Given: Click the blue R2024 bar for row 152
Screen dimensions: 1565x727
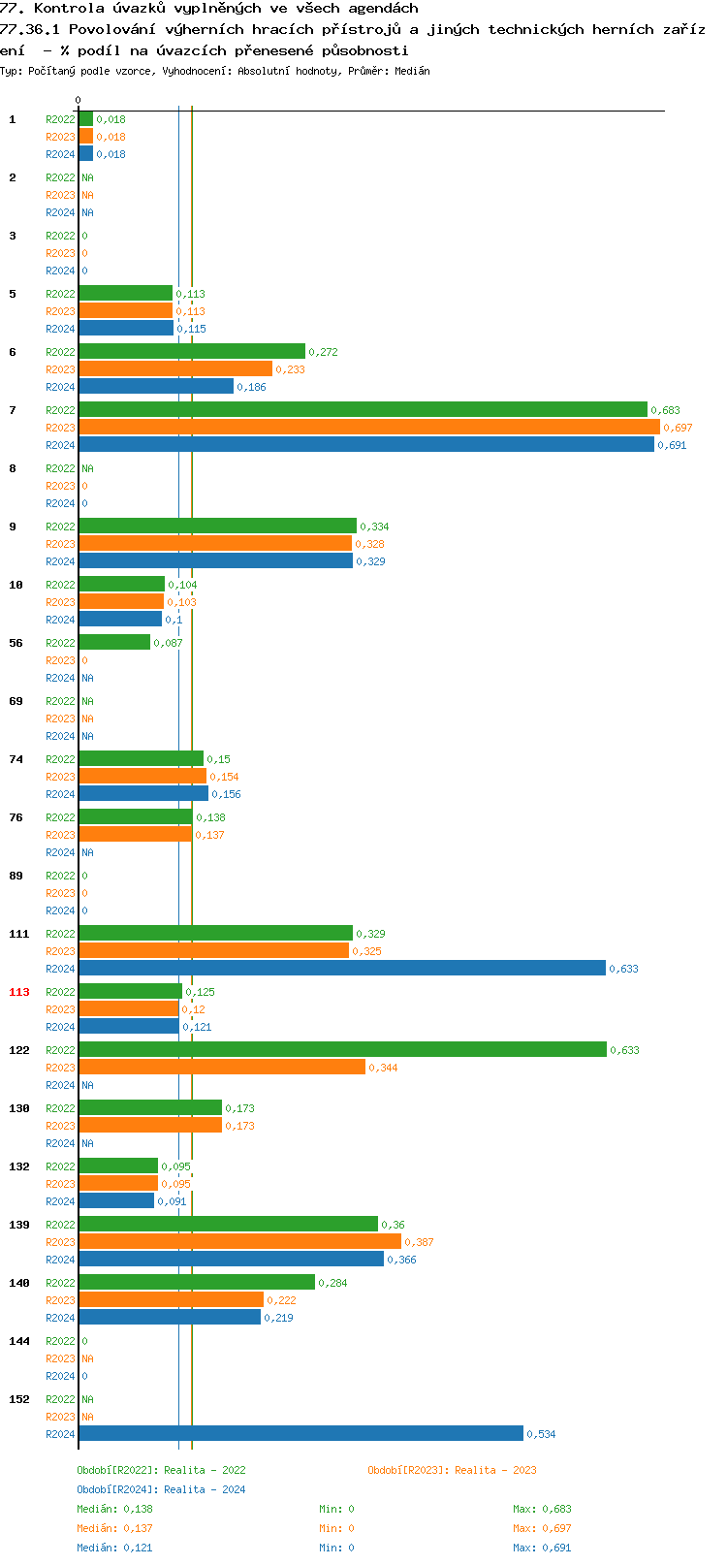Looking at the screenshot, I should (300, 1433).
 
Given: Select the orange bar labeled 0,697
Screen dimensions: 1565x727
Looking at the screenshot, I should (368, 427).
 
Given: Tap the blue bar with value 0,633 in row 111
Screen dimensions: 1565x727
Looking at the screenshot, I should (341, 968).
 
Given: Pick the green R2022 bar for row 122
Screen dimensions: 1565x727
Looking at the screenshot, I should (342, 1049).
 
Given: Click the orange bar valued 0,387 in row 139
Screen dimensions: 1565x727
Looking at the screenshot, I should (239, 1241).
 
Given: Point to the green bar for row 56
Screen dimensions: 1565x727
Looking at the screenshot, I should (114, 642).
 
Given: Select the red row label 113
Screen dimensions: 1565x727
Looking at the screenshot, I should (19, 992).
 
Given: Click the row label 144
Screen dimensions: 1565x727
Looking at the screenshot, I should (19, 1341).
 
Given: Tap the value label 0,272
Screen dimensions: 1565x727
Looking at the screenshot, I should (323, 352).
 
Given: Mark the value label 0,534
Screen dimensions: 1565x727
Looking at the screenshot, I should (541, 1434).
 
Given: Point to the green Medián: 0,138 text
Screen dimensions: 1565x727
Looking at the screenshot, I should (114, 1509).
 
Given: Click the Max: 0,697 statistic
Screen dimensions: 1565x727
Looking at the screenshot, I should (542, 1528).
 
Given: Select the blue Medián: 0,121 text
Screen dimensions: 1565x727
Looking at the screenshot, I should (114, 1548).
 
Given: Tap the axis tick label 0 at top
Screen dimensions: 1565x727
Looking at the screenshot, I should (79, 100).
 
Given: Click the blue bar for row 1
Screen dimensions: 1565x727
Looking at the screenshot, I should (85, 153).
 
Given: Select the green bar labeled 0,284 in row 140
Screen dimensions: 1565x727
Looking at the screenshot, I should (197, 1282).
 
